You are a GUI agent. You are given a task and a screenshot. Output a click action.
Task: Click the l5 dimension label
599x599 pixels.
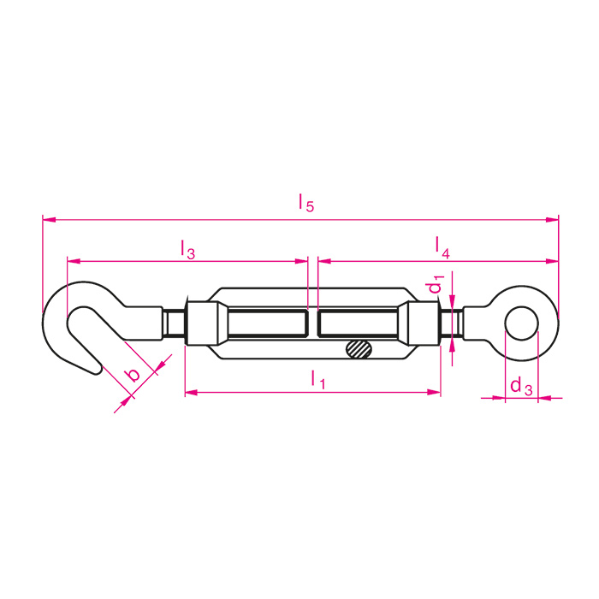(x=306, y=203)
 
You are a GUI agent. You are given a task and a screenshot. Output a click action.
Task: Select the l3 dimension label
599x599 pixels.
(x=188, y=249)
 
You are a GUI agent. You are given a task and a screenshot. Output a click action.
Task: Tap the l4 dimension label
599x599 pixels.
(x=442, y=247)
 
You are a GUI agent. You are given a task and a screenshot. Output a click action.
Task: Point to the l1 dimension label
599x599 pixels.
(x=317, y=379)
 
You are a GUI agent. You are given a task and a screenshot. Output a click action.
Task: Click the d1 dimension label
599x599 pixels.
(x=436, y=284)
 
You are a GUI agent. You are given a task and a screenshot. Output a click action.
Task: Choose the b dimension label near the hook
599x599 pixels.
(x=133, y=375)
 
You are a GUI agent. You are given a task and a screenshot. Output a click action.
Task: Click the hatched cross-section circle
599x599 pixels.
(x=359, y=349)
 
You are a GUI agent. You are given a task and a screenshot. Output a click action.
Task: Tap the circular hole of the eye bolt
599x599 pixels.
(x=521, y=323)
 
